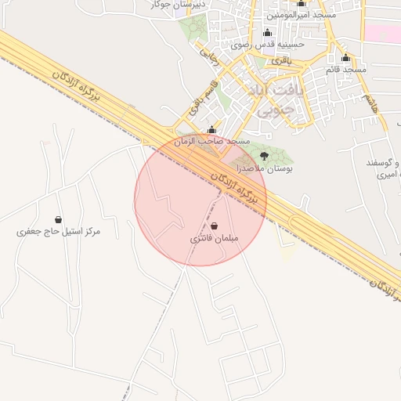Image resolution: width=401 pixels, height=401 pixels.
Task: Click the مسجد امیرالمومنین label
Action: tap(302, 15)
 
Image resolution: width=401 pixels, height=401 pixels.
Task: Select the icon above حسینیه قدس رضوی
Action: tap(268, 32)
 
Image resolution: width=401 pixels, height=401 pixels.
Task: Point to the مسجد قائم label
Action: tap(346, 70)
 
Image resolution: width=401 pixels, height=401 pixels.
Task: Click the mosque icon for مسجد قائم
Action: tap(346, 57)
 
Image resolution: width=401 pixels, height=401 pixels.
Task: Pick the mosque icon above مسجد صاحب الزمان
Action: tap(211, 129)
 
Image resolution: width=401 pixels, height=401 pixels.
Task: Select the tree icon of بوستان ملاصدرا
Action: tap(262, 156)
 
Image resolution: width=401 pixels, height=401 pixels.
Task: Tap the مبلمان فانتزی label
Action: tap(214, 237)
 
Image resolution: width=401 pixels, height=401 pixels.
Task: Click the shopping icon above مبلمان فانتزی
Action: tap(215, 226)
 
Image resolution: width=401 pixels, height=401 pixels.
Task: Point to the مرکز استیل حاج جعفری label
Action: tap(60, 233)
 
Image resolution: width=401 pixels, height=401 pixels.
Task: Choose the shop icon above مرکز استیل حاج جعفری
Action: tap(60, 220)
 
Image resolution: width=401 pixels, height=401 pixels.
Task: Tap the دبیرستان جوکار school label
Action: tap(177, 5)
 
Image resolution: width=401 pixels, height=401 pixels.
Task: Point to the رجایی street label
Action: tap(208, 55)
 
